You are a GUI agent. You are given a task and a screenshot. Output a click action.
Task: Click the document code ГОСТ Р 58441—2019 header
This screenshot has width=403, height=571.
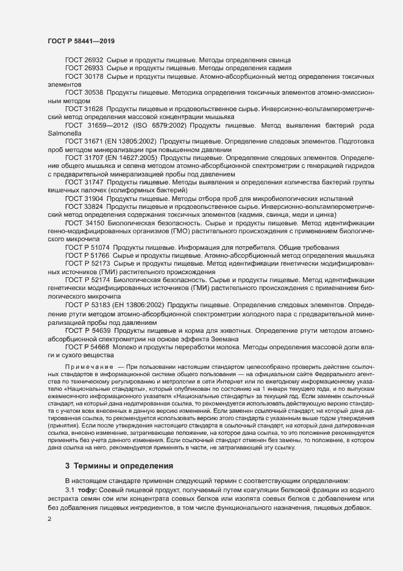point(81,40)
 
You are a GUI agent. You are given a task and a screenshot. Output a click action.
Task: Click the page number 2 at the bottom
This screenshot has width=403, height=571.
point(49,519)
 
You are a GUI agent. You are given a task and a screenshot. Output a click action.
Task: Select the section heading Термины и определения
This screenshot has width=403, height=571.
point(123,466)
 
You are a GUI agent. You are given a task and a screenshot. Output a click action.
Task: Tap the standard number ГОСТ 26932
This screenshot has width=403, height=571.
point(84,60)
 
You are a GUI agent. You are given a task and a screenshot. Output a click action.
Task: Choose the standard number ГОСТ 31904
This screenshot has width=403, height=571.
point(84,198)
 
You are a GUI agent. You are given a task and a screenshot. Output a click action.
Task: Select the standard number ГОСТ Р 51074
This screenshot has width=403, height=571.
point(88,247)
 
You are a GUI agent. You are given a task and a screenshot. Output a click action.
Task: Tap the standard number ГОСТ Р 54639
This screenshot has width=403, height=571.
point(88,330)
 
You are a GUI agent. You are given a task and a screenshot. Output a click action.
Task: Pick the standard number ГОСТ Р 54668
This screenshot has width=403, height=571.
point(88,346)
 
